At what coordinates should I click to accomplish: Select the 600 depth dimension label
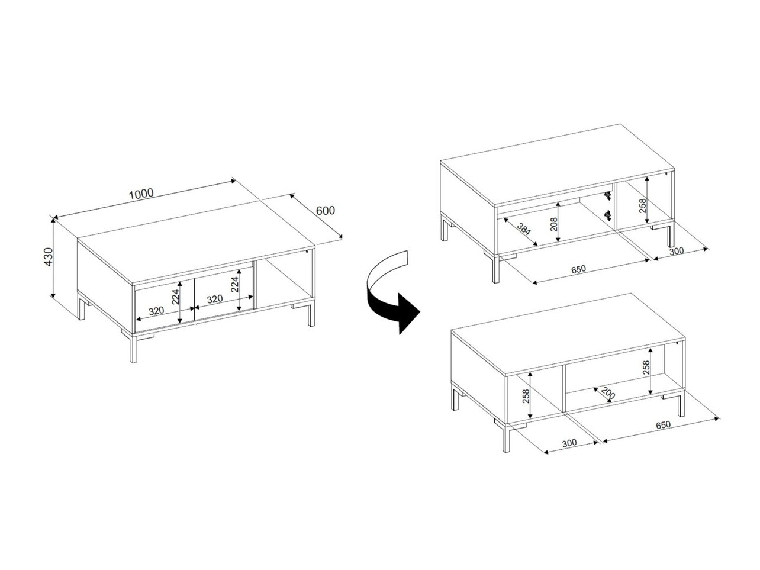point(326,211)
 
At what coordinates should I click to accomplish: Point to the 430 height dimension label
point(48,257)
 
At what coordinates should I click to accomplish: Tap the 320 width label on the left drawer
point(156,311)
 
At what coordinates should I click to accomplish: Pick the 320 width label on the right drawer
point(215,300)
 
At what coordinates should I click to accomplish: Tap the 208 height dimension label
point(553,224)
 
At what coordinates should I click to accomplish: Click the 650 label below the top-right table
point(578,269)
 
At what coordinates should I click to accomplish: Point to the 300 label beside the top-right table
point(677,250)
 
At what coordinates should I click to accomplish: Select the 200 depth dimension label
point(608,392)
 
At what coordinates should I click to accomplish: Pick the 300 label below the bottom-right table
point(569,443)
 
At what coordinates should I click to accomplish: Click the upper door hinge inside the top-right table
point(608,196)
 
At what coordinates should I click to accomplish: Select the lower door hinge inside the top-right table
point(608,215)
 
